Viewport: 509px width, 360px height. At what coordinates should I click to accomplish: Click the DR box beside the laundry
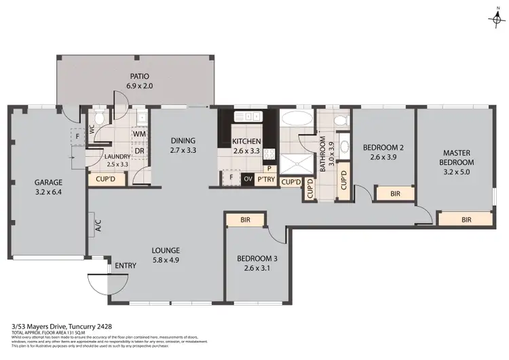(140, 150)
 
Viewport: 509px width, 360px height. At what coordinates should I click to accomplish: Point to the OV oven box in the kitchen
(248, 179)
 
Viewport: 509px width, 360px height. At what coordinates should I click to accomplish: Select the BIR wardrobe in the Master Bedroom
(466, 219)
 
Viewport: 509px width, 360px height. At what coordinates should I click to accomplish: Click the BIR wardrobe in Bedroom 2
(396, 194)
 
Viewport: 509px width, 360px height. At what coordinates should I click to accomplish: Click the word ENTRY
(126, 266)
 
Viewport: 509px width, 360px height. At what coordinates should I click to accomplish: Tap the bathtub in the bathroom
(296, 120)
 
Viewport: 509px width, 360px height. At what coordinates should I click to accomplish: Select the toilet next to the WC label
(99, 120)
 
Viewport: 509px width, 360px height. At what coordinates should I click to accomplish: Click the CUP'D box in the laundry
(106, 179)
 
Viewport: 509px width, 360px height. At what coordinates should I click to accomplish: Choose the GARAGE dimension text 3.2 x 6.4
(48, 192)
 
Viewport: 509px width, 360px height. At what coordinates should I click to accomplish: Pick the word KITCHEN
(246, 141)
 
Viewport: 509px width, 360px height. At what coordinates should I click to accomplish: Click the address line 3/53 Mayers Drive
(50, 325)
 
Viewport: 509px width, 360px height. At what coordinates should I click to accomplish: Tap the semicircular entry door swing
(96, 281)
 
